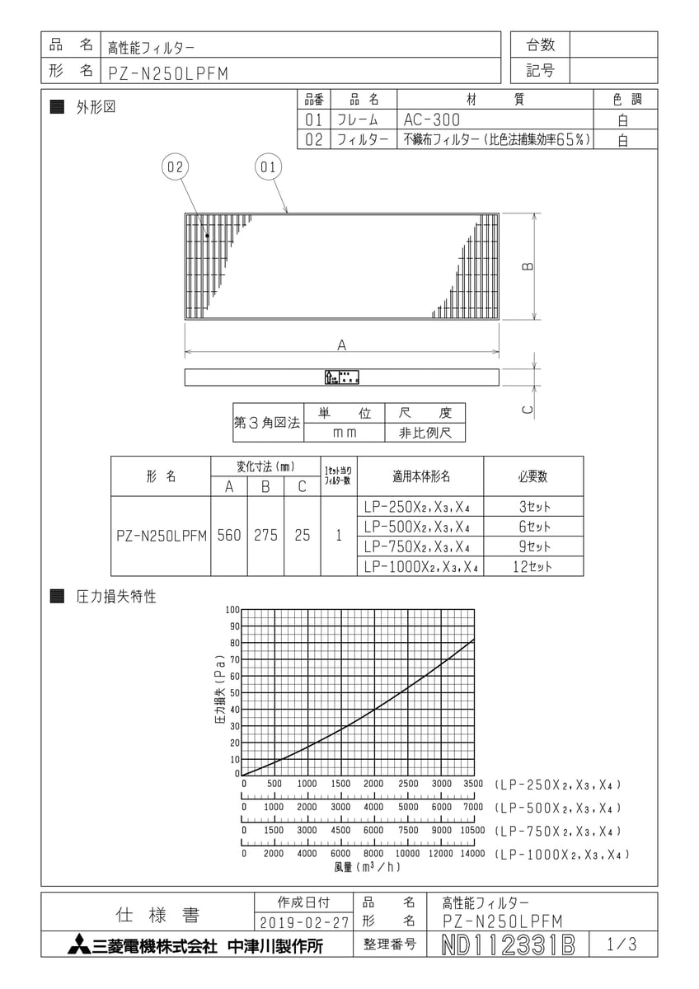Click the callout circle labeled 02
point(175,167)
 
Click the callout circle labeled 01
point(266,167)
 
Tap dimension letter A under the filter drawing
point(341,346)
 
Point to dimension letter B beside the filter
point(528,266)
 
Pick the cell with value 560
point(229,536)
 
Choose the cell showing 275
point(265,536)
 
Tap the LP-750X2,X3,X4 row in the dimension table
point(420,546)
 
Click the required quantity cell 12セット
point(533,566)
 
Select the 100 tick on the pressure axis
point(232,610)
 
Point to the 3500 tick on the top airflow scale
point(474,784)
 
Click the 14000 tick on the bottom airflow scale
point(472,854)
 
